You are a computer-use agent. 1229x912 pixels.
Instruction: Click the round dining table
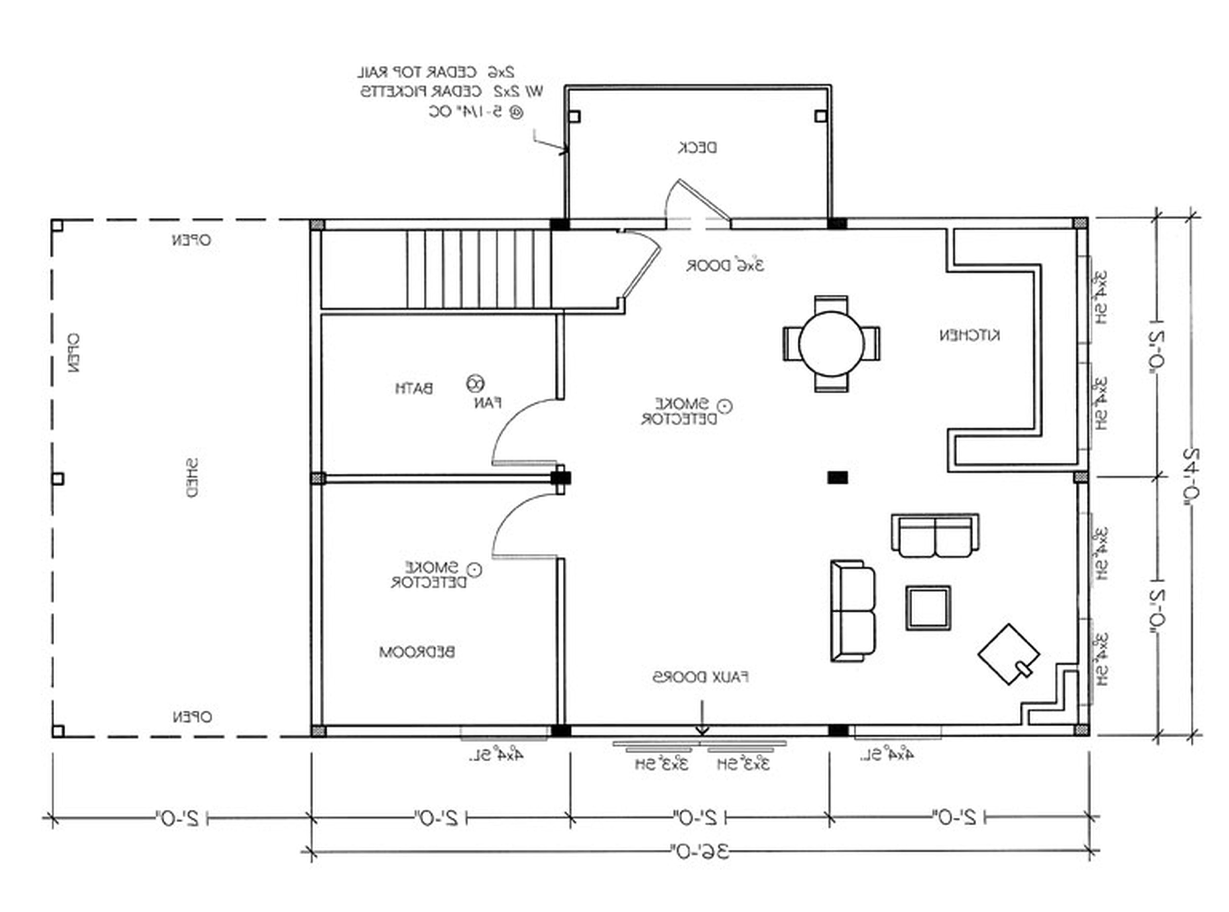coord(831,344)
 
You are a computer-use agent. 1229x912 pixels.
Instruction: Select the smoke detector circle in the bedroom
coord(474,569)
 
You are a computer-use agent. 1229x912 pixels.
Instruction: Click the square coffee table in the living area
coord(928,608)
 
